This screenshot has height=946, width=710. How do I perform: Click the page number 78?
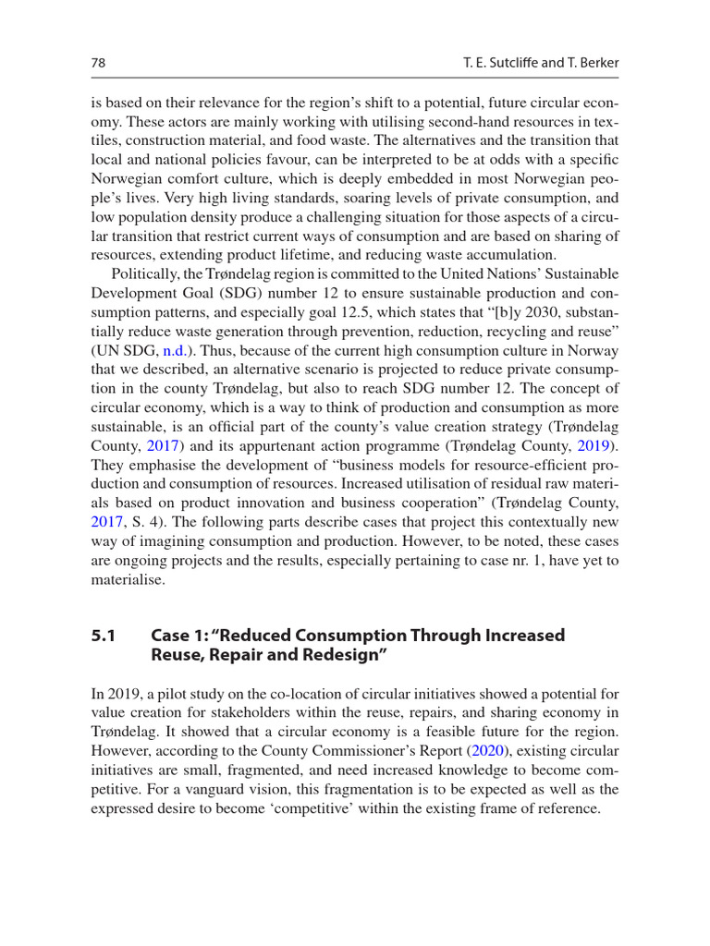click(97, 62)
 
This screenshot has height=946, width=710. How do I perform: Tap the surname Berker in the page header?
click(594, 62)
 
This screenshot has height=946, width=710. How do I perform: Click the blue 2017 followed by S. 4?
click(107, 520)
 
